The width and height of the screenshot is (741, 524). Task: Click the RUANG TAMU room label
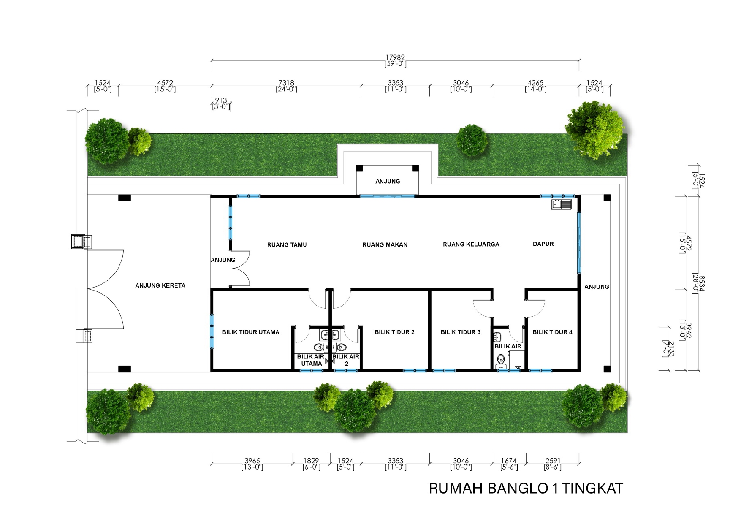click(x=287, y=244)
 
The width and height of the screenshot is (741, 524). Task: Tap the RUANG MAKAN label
click(x=385, y=244)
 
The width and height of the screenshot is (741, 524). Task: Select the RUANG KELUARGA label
click(x=471, y=244)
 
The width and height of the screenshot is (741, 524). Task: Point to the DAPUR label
click(x=543, y=244)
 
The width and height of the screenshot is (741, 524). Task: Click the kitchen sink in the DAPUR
click(x=561, y=204)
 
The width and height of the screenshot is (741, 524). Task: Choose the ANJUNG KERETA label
click(x=160, y=285)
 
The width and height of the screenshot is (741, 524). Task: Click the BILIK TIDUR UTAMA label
click(x=250, y=332)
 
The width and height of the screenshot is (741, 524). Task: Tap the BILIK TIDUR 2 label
click(x=394, y=332)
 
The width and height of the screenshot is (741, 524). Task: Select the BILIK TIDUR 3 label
click(x=460, y=332)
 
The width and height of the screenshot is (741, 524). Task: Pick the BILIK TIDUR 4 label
click(x=552, y=332)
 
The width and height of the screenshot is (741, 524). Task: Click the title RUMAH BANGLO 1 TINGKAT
click(x=526, y=489)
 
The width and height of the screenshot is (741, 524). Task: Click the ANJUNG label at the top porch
click(x=388, y=181)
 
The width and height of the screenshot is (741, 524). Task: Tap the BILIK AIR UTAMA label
click(x=311, y=360)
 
